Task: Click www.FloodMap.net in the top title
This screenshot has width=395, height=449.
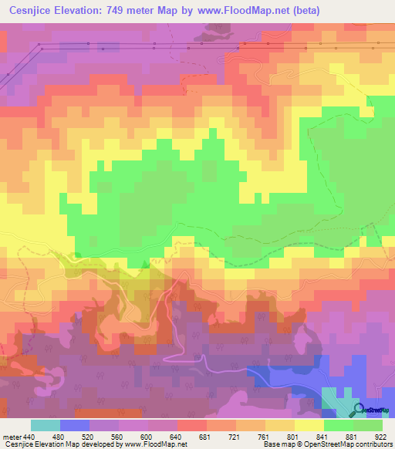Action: pyautogui.click(x=239, y=10)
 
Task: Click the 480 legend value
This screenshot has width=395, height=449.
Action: pyautogui.click(x=58, y=436)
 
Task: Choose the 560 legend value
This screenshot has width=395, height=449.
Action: pyautogui.click(x=116, y=436)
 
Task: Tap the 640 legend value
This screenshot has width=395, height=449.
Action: pyautogui.click(x=176, y=436)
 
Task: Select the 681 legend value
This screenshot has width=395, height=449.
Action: pyautogui.click(x=205, y=436)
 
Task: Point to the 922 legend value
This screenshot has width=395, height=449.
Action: pyautogui.click(x=380, y=436)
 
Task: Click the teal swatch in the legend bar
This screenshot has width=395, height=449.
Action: pyautogui.click(x=46, y=425)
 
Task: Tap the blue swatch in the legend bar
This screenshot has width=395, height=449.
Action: pyautogui.click(x=75, y=425)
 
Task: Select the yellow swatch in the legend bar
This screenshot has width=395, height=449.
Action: pyautogui.click(x=309, y=425)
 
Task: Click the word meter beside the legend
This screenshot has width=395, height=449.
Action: pyautogui.click(x=11, y=436)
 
